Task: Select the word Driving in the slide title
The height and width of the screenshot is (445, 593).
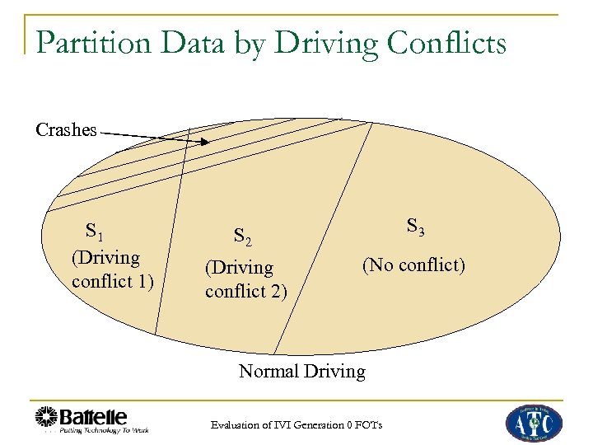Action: point(320,43)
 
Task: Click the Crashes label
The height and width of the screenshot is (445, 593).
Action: point(66,130)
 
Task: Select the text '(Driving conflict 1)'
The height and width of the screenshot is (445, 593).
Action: point(112,269)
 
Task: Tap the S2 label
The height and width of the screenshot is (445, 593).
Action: point(242,238)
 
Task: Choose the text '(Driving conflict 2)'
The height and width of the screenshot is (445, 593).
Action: point(245,279)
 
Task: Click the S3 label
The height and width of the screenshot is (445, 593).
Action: point(415,227)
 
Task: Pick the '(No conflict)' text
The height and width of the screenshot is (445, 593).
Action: point(413,265)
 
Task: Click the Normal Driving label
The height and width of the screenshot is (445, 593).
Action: point(301,372)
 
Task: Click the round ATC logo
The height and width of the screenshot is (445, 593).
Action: point(533,422)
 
